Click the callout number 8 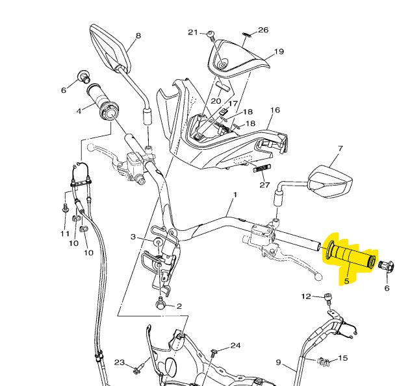(x=138, y=36)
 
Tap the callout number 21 (x=192, y=32)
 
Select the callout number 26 (x=263, y=30)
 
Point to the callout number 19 (x=279, y=52)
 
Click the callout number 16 (x=275, y=110)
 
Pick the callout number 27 (x=264, y=185)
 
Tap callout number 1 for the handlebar (x=235, y=195)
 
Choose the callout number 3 (x=133, y=237)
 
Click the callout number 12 (x=306, y=296)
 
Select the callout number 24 (x=235, y=346)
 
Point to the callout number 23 (x=120, y=362)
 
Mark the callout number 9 (x=278, y=362)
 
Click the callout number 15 (x=343, y=358)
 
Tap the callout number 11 (x=64, y=234)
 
